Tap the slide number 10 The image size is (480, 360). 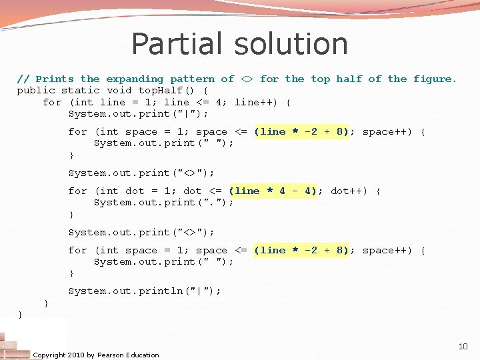[x=463, y=346]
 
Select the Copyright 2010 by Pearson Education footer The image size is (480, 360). [x=96, y=355]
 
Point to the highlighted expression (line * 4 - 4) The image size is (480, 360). [x=273, y=191]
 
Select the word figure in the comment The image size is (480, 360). [x=433, y=79]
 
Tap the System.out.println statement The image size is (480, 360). [x=145, y=291]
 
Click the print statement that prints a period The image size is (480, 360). [x=164, y=202]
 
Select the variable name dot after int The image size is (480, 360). [x=135, y=191]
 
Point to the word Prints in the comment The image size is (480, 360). [x=55, y=79]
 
